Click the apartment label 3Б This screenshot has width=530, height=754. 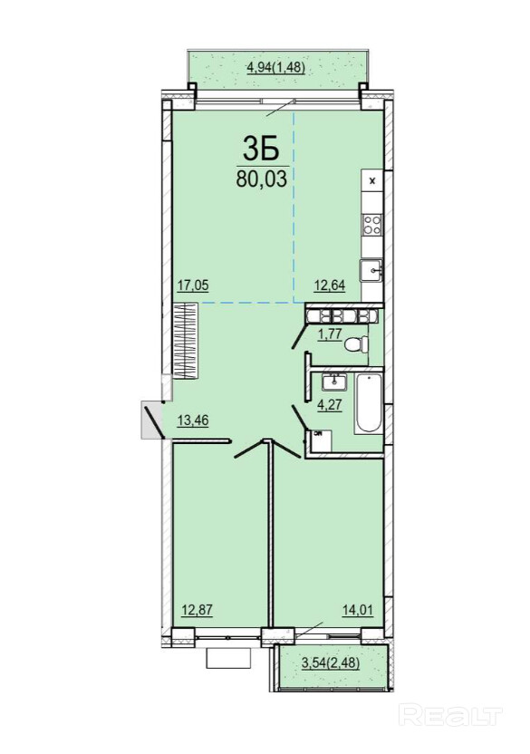pos(261,148)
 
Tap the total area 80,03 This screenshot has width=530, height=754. pos(261,179)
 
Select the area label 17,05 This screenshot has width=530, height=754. pos(193,285)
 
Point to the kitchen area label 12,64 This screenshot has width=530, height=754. pos(330,285)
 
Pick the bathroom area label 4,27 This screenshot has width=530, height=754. pos(329,404)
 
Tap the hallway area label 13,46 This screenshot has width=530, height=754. pos(193,420)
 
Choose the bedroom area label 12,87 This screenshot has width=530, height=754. pos(197,610)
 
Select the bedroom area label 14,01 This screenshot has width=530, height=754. pos(357,610)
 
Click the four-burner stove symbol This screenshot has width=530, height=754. pos(372,225)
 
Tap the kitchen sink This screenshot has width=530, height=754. pos(372,269)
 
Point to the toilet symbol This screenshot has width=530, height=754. pos(356,343)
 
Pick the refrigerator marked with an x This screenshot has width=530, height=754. pos(372,181)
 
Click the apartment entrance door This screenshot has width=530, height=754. pos(154,420)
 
